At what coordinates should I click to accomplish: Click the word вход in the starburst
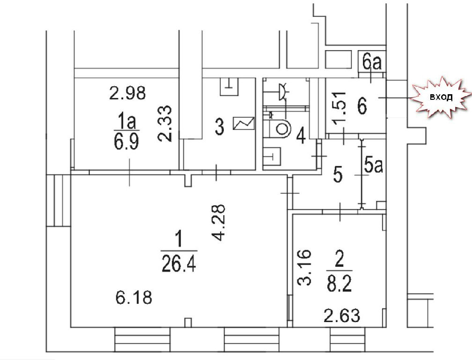pos(441,97)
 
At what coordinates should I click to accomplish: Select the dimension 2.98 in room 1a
pos(127,93)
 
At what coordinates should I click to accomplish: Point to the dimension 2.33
pos(165,123)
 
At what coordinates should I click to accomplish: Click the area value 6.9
pos(126,141)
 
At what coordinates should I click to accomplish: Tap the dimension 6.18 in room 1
pos(133,297)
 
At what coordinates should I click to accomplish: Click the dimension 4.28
pos(218,223)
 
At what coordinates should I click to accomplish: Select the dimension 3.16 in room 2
pos(304,267)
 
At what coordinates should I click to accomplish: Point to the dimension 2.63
pos(342,316)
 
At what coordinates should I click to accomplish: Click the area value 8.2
pos(339,284)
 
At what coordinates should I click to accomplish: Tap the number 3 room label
pos(220,127)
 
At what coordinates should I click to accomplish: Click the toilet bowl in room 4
pos(280,129)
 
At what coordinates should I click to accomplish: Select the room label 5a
pos(373,165)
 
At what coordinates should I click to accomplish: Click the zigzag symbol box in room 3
pos(243,123)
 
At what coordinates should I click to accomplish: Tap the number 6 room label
pos(362,106)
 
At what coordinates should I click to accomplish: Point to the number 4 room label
pos(301,136)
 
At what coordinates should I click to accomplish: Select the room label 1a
pos(127,121)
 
